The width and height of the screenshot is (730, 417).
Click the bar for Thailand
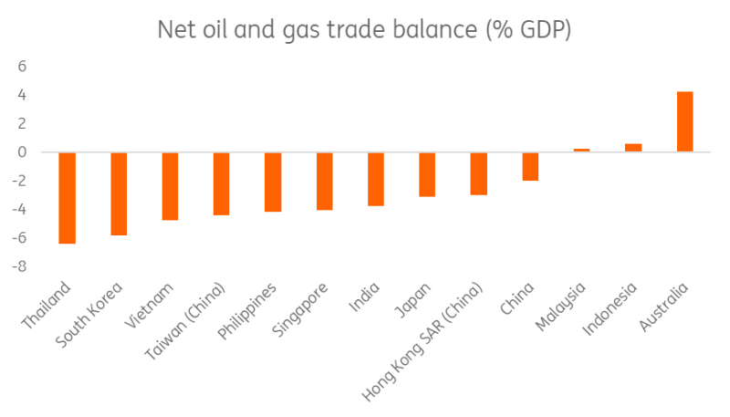[x=67, y=198]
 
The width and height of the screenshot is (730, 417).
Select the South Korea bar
[x=119, y=193]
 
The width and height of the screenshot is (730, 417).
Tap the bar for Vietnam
[x=170, y=186]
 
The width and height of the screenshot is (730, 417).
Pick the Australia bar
[x=684, y=121]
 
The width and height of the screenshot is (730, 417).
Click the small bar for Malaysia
[x=582, y=150]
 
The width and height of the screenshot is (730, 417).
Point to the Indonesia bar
[x=633, y=148]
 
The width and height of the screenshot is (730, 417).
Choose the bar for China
[x=530, y=166]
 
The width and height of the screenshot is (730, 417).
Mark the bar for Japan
[x=427, y=174]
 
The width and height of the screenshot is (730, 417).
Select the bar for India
[x=376, y=179]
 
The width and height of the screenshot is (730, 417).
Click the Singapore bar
[x=325, y=182]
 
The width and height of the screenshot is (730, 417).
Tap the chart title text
[x=364, y=30]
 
